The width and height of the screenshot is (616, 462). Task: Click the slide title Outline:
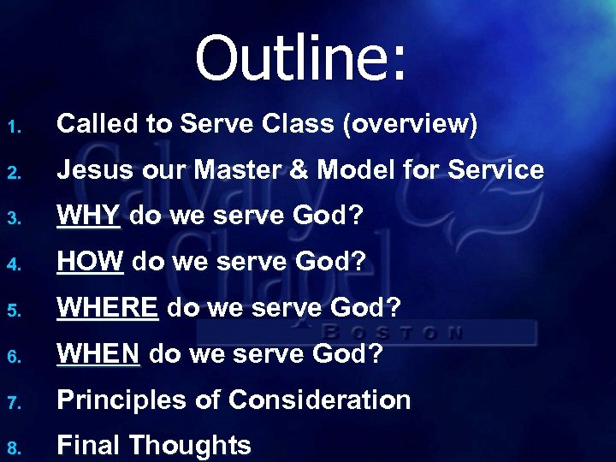(x=303, y=58)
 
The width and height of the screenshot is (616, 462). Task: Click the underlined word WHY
(x=89, y=216)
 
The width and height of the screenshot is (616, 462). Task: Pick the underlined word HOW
(x=90, y=263)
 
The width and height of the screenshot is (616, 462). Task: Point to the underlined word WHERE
(x=107, y=308)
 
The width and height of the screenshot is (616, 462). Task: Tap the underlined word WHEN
(x=98, y=354)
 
